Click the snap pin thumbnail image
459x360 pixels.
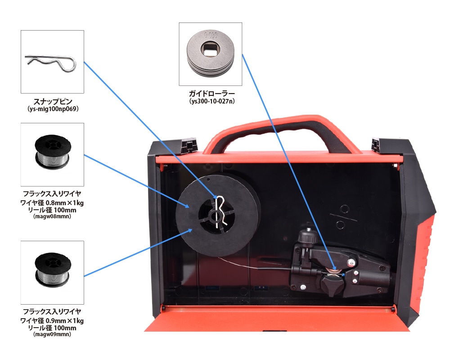(52, 62)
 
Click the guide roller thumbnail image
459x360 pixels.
(211, 54)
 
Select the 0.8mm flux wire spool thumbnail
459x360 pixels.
(52, 154)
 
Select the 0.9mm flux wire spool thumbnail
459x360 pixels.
(52, 273)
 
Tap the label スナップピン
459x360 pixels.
(53, 102)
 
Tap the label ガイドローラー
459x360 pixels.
(211, 94)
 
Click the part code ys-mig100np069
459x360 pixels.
(53, 109)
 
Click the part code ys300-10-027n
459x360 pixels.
(212, 101)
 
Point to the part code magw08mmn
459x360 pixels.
(52, 216)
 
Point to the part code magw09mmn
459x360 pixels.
(52, 334)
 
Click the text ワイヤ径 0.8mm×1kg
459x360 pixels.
(52, 202)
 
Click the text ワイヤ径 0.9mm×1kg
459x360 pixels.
(52, 320)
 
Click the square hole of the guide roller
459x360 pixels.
(210, 50)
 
